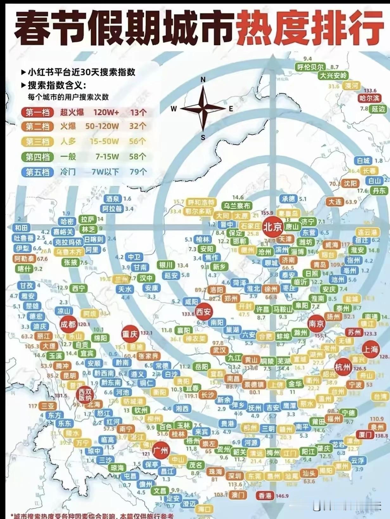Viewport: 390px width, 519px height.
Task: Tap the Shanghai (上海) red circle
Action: (x=370, y=349)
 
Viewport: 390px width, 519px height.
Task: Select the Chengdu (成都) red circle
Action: (x=68, y=324)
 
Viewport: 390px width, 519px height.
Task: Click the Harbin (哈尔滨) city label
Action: (x=369, y=98)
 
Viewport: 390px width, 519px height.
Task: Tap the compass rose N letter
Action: (x=203, y=80)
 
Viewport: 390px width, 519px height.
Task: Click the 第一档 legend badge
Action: (x=37, y=112)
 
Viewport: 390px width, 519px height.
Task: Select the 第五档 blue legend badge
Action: (x=37, y=172)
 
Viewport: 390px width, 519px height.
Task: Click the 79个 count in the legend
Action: (x=138, y=172)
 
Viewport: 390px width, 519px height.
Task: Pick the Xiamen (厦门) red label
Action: (x=365, y=435)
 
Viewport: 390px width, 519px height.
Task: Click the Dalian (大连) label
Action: (x=335, y=202)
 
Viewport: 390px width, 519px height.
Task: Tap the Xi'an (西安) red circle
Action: (x=203, y=312)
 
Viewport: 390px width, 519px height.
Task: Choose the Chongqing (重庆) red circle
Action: (x=130, y=334)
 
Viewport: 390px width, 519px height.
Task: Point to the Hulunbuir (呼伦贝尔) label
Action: (x=310, y=67)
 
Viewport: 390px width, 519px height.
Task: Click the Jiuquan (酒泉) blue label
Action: (x=113, y=199)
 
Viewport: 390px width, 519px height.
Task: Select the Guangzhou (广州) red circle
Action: (x=161, y=451)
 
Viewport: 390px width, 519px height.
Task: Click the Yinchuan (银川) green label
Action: (x=166, y=265)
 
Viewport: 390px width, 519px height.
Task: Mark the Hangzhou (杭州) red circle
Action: (x=342, y=367)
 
